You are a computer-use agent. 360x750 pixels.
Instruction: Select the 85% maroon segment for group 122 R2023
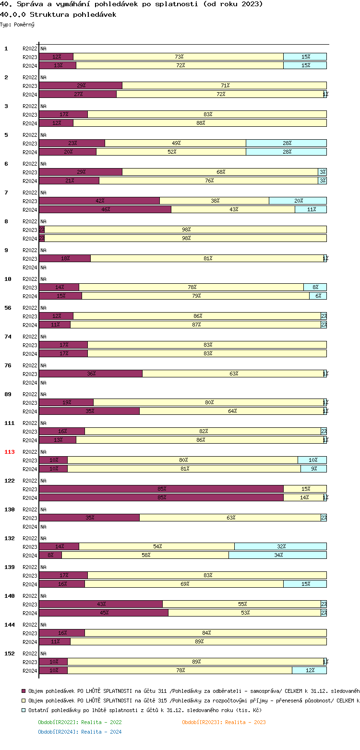pyautogui.click(x=161, y=489)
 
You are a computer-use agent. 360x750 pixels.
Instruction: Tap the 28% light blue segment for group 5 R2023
pyautogui.click(x=286, y=144)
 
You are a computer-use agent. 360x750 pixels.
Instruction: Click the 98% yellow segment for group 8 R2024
pyautogui.click(x=186, y=239)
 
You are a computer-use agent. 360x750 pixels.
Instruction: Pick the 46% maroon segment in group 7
pyautogui.click(x=105, y=210)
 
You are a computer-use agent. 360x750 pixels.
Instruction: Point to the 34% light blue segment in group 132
pyautogui.click(x=277, y=556)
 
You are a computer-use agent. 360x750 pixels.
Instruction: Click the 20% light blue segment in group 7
pyautogui.click(x=298, y=201)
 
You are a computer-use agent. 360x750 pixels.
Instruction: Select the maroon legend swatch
pyautogui.click(x=24, y=691)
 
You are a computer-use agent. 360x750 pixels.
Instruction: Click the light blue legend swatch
pyautogui.click(x=24, y=710)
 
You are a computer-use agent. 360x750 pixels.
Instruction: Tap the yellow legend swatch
pyautogui.click(x=24, y=701)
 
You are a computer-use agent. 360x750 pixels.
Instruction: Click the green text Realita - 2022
pyautogui.click(x=101, y=722)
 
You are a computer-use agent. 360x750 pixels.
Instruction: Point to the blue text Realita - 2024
pyautogui.click(x=101, y=732)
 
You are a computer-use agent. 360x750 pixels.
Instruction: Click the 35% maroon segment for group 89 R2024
pyautogui.click(x=89, y=411)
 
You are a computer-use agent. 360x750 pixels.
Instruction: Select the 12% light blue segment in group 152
pyautogui.click(x=309, y=671)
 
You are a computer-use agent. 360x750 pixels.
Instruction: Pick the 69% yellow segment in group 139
pyautogui.click(x=184, y=584)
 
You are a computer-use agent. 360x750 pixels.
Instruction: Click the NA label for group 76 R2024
pyautogui.click(x=43, y=383)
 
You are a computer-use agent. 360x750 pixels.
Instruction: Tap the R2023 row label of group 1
pyautogui.click(x=30, y=57)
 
